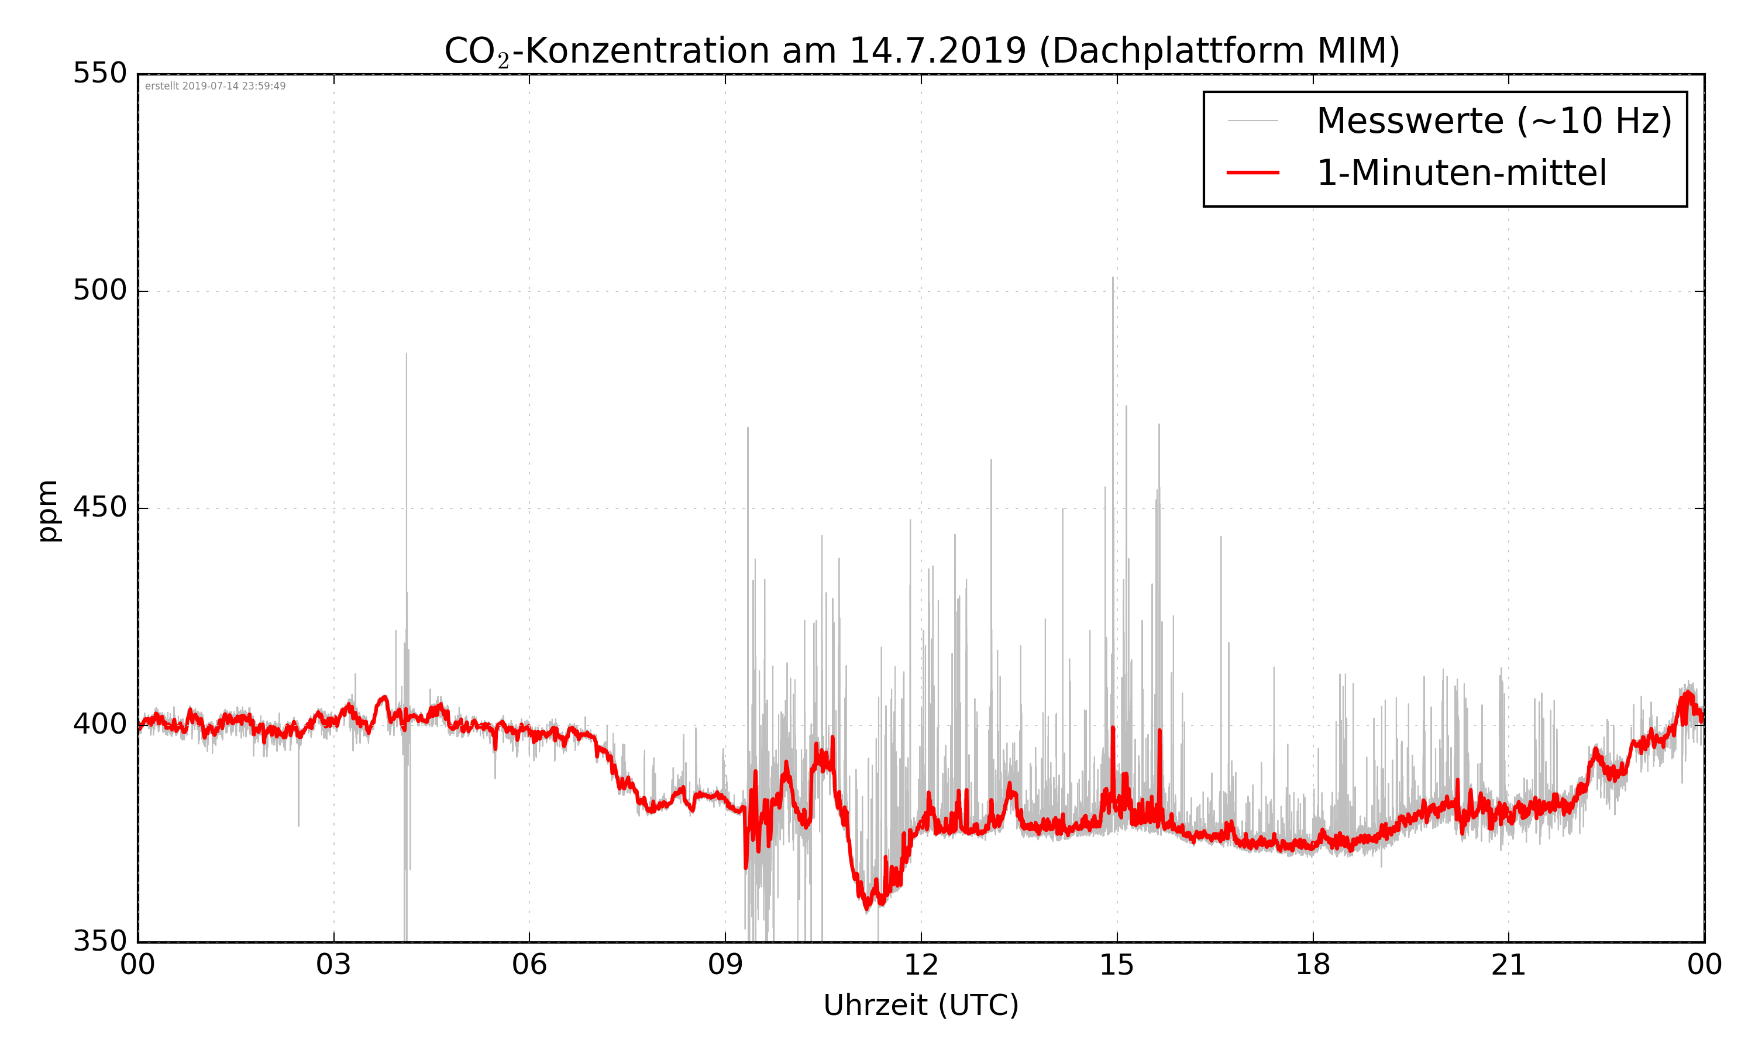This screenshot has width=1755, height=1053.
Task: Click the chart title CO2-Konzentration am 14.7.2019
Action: pyautogui.click(x=921, y=51)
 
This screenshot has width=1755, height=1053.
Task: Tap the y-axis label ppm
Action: pyautogui.click(x=48, y=511)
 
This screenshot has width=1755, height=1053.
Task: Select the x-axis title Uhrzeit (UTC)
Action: pyautogui.click(x=921, y=1006)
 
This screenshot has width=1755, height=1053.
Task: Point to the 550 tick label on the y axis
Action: pyautogui.click(x=100, y=73)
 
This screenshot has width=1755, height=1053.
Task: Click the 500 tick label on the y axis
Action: pyautogui.click(x=100, y=290)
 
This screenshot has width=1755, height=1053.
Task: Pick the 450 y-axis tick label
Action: pyautogui.click(x=100, y=507)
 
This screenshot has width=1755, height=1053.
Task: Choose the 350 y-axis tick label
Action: pyautogui.click(x=100, y=942)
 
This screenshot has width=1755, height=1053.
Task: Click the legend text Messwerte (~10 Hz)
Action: pyautogui.click(x=1494, y=121)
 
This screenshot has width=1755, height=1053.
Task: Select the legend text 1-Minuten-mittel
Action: pyautogui.click(x=1461, y=173)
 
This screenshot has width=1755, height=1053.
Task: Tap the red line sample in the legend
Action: pyautogui.click(x=1252, y=173)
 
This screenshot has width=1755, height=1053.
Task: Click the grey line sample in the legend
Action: pyautogui.click(x=1252, y=121)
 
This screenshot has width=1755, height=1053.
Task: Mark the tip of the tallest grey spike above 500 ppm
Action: pyautogui.click(x=1113, y=278)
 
